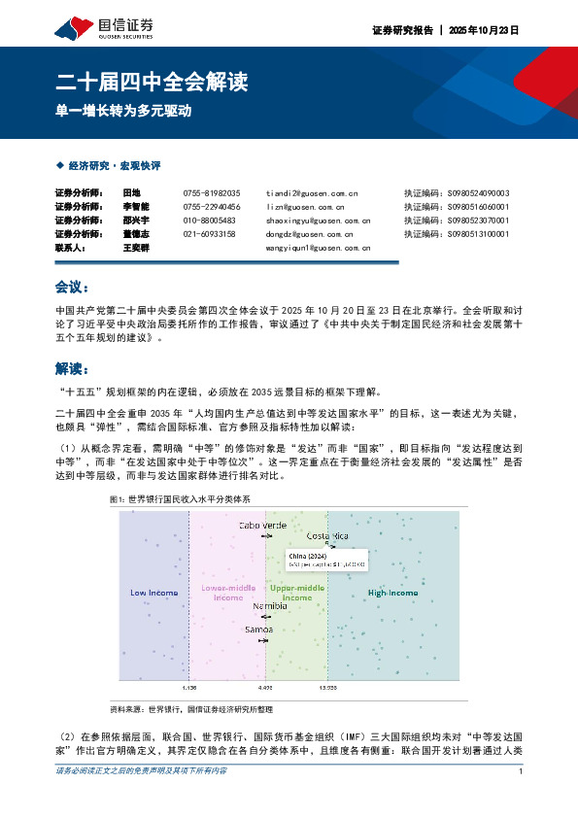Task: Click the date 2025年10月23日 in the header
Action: (x=485, y=31)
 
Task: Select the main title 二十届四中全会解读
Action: (x=151, y=82)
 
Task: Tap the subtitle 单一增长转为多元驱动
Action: (x=122, y=111)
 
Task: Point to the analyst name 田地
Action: (x=131, y=193)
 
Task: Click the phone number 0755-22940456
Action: (x=211, y=207)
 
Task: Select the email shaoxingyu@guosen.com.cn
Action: (x=318, y=221)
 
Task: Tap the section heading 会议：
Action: (x=73, y=288)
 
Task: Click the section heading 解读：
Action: (x=73, y=368)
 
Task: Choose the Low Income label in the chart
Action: (x=154, y=593)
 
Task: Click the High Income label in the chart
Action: (x=392, y=593)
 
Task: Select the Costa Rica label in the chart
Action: (x=327, y=535)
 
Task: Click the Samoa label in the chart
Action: (x=258, y=630)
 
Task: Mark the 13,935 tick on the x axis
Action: (x=327, y=687)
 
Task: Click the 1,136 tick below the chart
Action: (x=189, y=687)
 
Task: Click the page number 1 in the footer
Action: (x=522, y=771)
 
